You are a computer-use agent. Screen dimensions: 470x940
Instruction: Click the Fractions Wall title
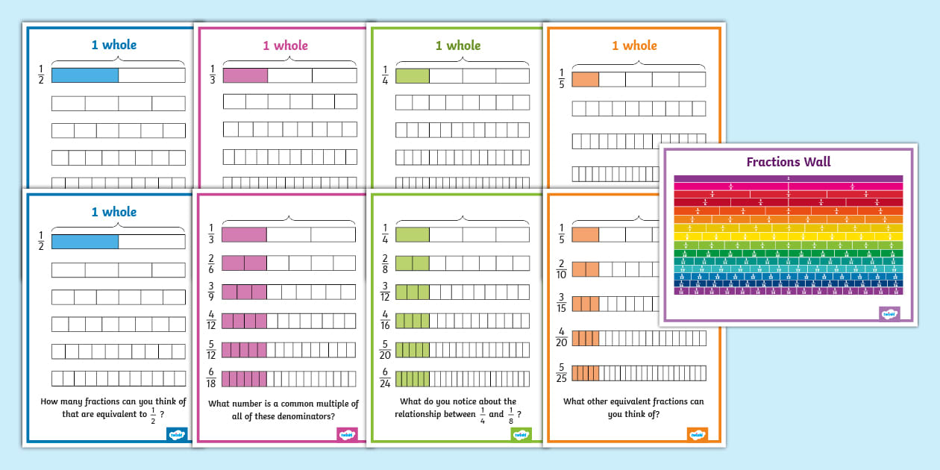789,162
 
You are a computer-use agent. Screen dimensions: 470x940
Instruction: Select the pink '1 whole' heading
285,46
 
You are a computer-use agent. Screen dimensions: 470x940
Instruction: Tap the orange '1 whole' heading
634,46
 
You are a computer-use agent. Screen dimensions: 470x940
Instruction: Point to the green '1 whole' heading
458,46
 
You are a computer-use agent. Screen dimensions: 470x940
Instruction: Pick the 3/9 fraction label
211,292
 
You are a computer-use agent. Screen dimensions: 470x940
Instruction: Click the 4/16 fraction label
385,321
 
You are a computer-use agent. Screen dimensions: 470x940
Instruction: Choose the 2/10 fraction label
561,269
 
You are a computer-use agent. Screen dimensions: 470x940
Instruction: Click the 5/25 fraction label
561,372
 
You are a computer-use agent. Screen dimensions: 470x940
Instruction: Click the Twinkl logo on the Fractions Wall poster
889,314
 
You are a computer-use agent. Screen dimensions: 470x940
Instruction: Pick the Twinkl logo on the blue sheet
177,433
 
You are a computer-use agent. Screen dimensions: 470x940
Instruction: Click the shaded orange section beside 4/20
586,339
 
